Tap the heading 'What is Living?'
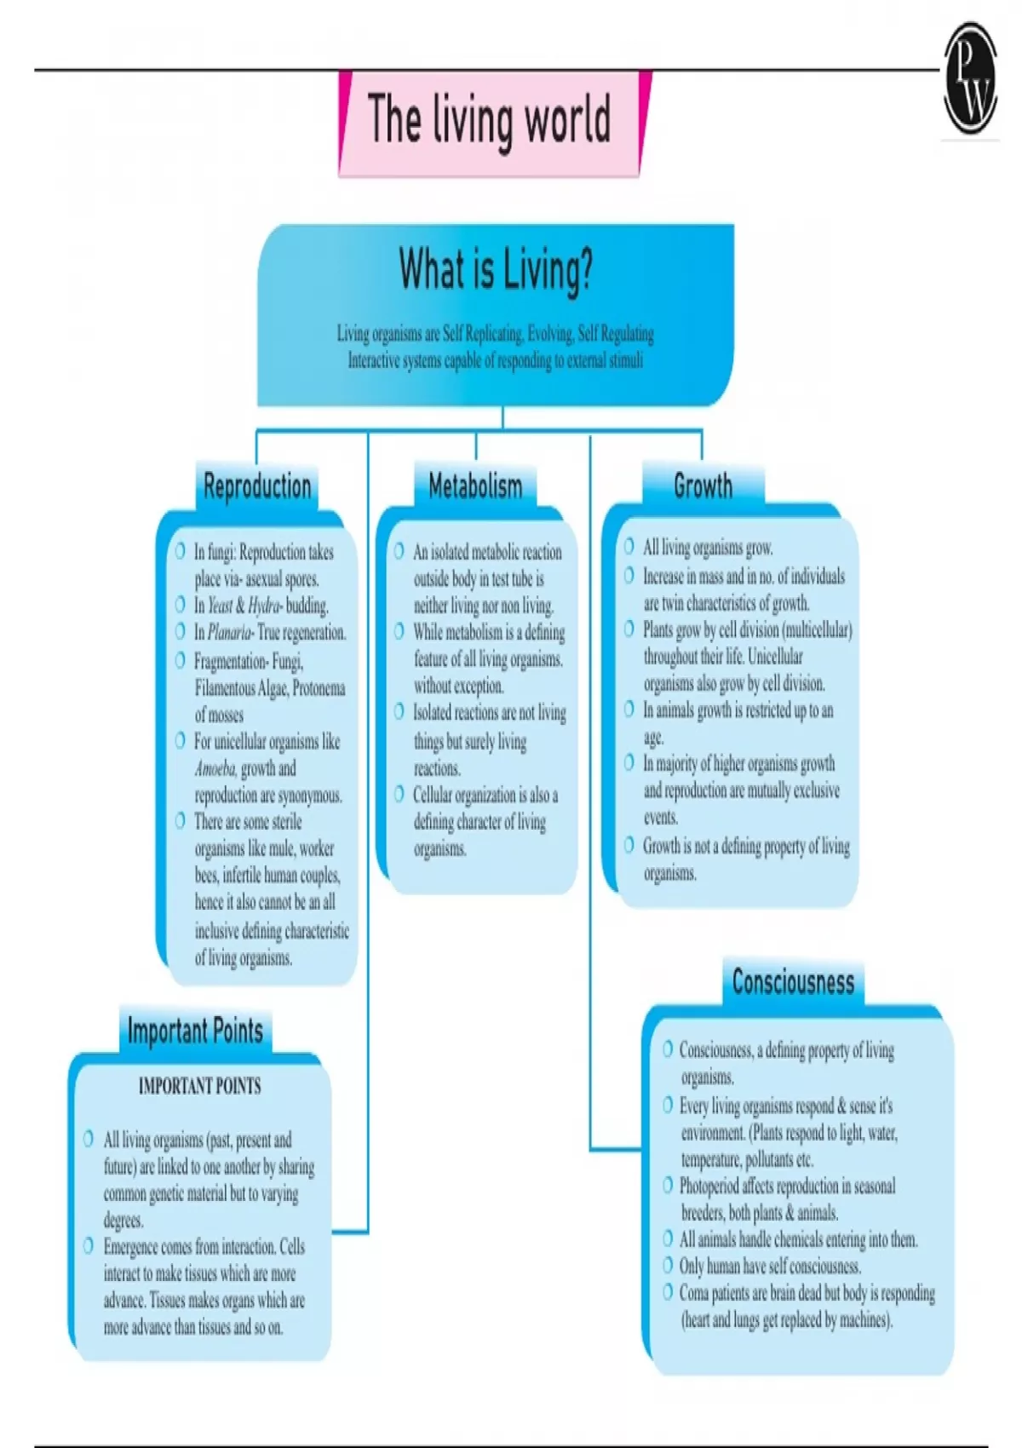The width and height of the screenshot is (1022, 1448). click(x=496, y=270)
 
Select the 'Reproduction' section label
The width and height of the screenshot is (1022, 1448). click(x=257, y=486)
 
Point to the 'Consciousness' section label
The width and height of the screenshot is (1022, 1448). click(x=793, y=982)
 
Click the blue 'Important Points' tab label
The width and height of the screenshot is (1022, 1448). click(x=195, y=1031)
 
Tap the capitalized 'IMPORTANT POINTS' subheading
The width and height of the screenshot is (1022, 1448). click(x=199, y=1086)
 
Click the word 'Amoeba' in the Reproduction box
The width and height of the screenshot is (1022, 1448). click(x=215, y=768)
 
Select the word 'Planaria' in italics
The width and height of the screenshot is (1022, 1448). click(x=229, y=633)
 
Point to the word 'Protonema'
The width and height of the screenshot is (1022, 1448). click(x=319, y=688)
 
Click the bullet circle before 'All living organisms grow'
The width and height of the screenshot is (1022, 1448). click(x=629, y=546)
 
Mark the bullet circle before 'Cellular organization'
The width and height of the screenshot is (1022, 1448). click(x=399, y=794)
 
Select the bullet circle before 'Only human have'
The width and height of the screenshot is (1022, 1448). click(x=668, y=1266)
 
